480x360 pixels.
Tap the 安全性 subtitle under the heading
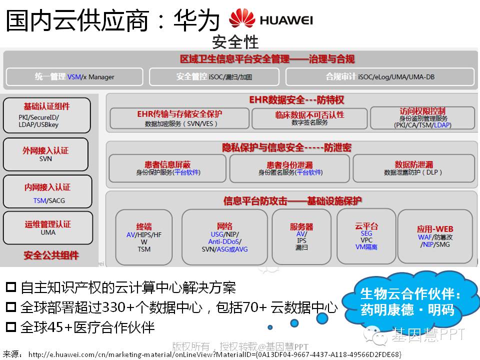pyautogui.click(x=235, y=41)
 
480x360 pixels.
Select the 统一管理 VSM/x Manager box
pyautogui.click(x=74, y=77)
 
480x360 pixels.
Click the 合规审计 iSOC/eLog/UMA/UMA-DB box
pyautogui.click(x=380, y=77)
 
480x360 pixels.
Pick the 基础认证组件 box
pyautogui.click(x=46, y=115)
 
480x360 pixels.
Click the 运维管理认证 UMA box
pyautogui.click(x=48, y=228)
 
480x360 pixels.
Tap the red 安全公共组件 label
pyautogui.click(x=51, y=255)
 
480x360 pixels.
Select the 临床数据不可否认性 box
pyautogui.click(x=309, y=118)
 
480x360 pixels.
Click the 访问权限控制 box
pyautogui.click(x=422, y=118)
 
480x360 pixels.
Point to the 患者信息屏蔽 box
pyautogui.click(x=167, y=168)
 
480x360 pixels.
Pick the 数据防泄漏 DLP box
pyautogui.click(x=413, y=168)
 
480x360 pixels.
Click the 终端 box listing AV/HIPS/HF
pyautogui.click(x=144, y=237)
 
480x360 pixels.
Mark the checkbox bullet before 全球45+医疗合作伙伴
pyautogui.click(x=10, y=327)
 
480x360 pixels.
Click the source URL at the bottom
pyautogui.click(x=215, y=354)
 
